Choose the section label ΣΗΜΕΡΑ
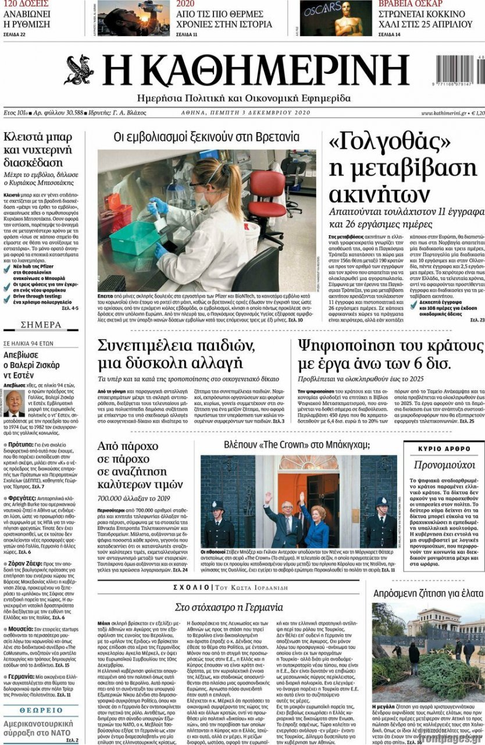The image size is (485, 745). [41, 325]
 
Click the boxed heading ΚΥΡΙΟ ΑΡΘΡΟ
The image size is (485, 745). [444, 449]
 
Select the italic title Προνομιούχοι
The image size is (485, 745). [444, 465]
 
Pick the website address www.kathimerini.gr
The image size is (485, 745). [444, 113]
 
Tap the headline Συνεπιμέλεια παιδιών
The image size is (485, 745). [176, 345]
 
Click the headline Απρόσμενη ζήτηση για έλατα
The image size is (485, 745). [427, 594]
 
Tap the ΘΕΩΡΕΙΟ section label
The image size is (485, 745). [41, 711]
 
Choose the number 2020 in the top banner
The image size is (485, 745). [185, 4]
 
